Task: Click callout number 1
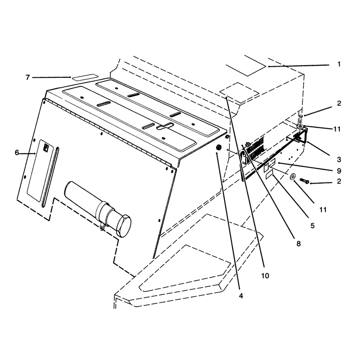point(339,64)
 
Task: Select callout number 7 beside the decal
point(28,77)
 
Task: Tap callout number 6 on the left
point(17,153)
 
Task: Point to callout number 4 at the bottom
point(241,296)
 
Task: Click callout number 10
point(265,275)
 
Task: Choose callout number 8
point(298,243)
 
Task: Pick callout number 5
point(312,226)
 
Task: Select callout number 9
point(339,171)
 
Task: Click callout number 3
point(339,160)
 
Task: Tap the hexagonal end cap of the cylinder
point(124,226)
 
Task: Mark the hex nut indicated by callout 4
point(219,148)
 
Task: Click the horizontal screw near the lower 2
point(304,181)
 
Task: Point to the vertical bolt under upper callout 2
point(301,120)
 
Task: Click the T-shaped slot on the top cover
point(165,126)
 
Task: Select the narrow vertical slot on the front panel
point(50,177)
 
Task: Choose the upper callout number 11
point(337,129)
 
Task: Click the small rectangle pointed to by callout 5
point(270,176)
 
